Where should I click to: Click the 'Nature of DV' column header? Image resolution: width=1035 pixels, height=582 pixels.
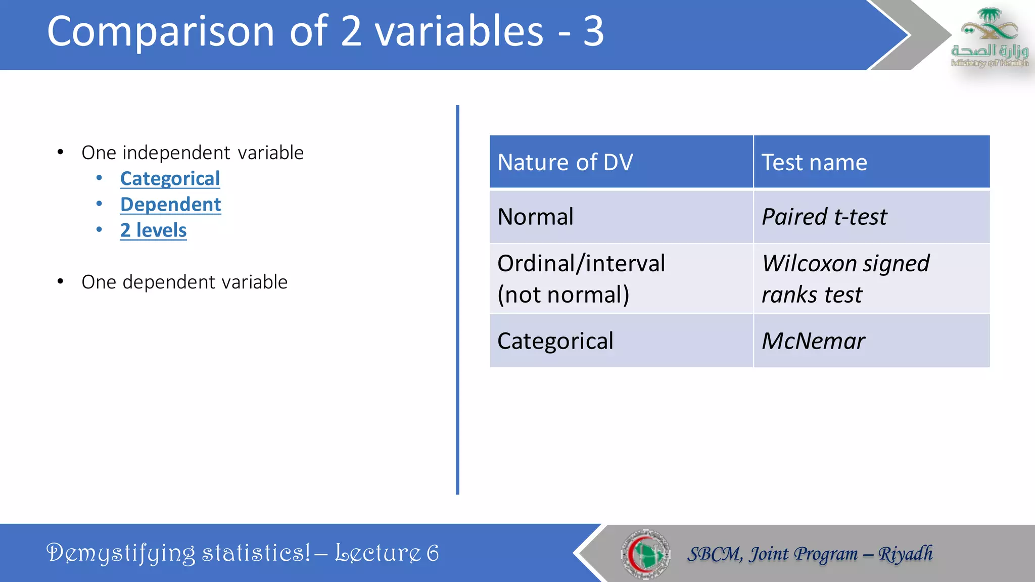click(x=565, y=163)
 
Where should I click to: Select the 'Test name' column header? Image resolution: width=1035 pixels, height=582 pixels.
click(x=814, y=163)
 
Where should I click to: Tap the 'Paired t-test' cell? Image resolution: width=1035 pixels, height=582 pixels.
click(x=824, y=217)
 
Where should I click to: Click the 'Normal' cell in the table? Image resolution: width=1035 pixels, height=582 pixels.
click(x=536, y=217)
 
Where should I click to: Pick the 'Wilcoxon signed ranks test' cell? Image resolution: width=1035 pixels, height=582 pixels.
click(x=845, y=278)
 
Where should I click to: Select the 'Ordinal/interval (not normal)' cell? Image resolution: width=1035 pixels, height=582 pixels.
click(x=581, y=278)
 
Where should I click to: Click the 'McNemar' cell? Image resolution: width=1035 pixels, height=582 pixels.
click(x=813, y=341)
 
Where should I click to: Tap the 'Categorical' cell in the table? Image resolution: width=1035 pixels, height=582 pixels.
click(x=555, y=341)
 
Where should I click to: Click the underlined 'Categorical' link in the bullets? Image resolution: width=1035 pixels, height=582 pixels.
click(x=170, y=178)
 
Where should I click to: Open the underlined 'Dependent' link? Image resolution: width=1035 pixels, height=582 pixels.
click(x=170, y=204)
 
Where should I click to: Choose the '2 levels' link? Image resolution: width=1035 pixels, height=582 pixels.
click(x=153, y=230)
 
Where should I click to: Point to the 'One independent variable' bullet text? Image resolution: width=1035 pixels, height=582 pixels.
click(x=193, y=153)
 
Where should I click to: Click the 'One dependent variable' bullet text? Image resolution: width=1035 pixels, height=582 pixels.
click(x=184, y=282)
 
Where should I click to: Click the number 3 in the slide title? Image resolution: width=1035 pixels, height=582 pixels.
click(x=593, y=31)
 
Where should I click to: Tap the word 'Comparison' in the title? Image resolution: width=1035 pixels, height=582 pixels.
click(x=161, y=31)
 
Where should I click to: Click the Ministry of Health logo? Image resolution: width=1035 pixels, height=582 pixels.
click(x=989, y=38)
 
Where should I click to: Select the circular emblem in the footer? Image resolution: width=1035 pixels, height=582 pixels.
click(x=645, y=554)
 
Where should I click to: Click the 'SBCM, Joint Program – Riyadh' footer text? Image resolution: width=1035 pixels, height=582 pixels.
click(x=810, y=554)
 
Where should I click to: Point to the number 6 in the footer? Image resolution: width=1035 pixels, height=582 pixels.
click(x=433, y=553)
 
